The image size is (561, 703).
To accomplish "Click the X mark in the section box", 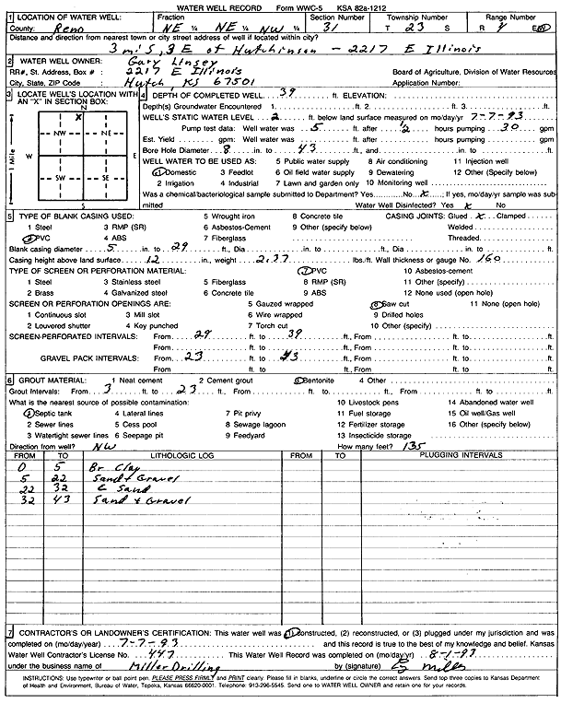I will coord(79,116).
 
